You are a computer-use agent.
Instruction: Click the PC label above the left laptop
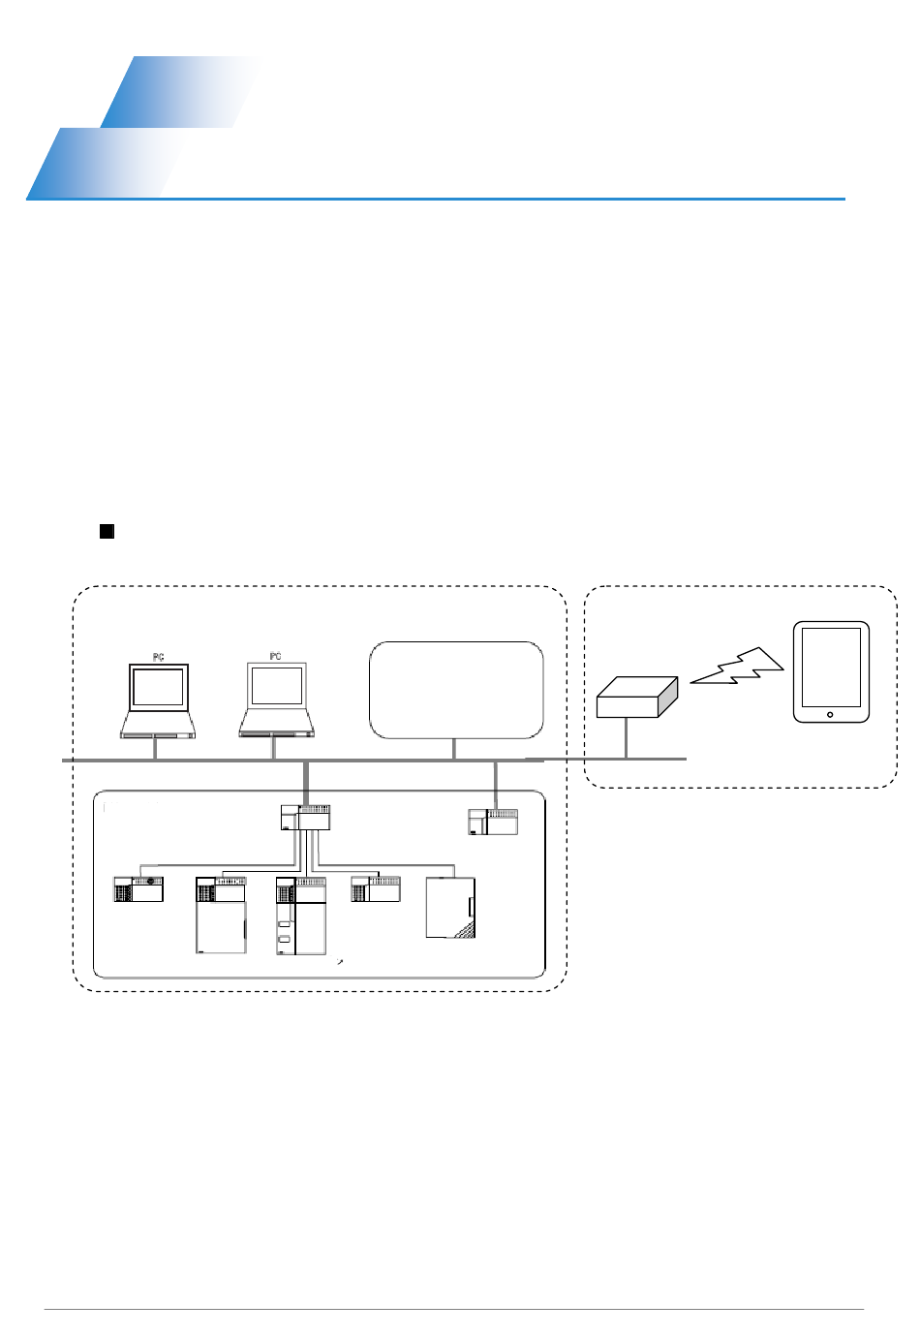click(x=159, y=658)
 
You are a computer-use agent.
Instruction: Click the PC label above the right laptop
click(x=275, y=657)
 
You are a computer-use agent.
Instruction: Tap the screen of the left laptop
click(x=158, y=687)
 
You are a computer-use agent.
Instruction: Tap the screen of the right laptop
click(x=276, y=686)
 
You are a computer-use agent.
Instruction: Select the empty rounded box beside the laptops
click(x=456, y=689)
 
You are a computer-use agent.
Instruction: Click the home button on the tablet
click(x=830, y=715)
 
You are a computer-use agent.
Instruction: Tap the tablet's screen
click(x=831, y=668)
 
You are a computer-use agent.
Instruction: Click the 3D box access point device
click(x=635, y=697)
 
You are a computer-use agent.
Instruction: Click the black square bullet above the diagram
click(x=107, y=531)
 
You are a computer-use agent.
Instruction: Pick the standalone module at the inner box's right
click(x=493, y=822)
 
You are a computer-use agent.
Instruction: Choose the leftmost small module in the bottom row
click(x=138, y=889)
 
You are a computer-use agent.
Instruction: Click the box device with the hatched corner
click(x=451, y=908)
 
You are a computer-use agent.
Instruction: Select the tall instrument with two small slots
click(x=301, y=917)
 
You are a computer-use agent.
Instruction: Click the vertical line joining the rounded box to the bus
click(x=453, y=749)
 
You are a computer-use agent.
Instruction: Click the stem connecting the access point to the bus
click(x=627, y=738)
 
